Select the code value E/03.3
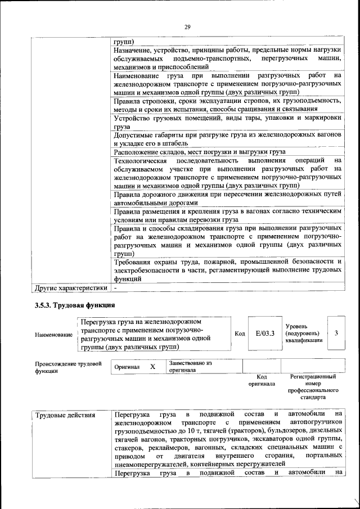(264, 334)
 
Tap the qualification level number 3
(336, 333)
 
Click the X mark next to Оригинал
(152, 366)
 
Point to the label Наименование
(53, 335)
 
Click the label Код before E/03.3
(239, 334)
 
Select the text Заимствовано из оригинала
(190, 367)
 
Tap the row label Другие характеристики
(71, 288)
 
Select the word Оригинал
(127, 367)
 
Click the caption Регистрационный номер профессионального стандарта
(313, 386)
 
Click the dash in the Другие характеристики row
(115, 288)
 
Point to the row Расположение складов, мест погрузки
(199, 152)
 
